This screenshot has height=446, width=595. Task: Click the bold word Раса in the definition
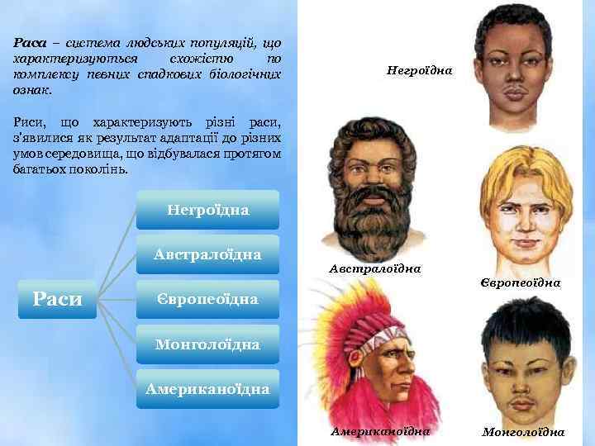click(29, 42)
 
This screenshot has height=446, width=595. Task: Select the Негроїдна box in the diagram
click(207, 210)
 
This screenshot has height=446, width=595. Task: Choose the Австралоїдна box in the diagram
click(207, 254)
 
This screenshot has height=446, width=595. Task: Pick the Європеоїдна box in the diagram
click(207, 297)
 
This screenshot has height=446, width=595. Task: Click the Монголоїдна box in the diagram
click(207, 343)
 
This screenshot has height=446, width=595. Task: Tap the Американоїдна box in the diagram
click(207, 388)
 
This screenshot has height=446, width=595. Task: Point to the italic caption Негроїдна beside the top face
click(419, 71)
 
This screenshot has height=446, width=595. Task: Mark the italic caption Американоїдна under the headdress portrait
click(380, 431)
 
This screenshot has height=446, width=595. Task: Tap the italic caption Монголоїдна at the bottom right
click(523, 431)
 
